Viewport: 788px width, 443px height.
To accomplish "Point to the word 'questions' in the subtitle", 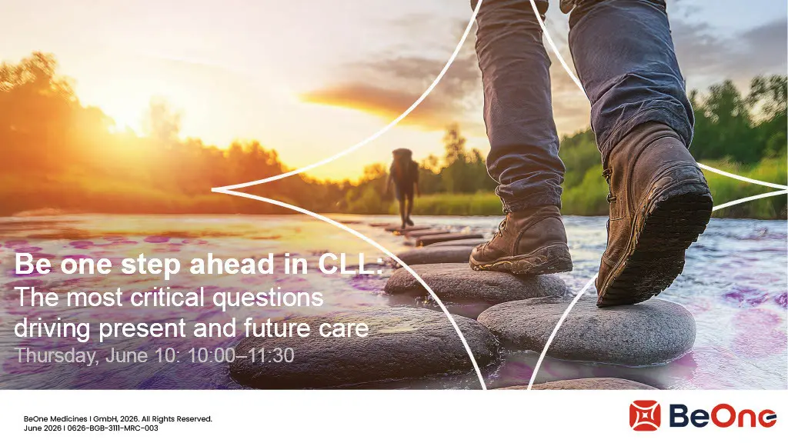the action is (268, 298).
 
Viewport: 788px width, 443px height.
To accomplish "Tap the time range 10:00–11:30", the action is (241, 355).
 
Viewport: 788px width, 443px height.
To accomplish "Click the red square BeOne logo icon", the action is (645, 416).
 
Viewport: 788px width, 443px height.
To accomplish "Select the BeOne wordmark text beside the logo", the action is (723, 416).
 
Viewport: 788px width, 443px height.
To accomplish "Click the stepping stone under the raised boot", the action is (586, 330).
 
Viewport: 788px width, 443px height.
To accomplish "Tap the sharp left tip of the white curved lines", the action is (213, 190).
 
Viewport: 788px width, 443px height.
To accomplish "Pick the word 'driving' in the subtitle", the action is (52, 328).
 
